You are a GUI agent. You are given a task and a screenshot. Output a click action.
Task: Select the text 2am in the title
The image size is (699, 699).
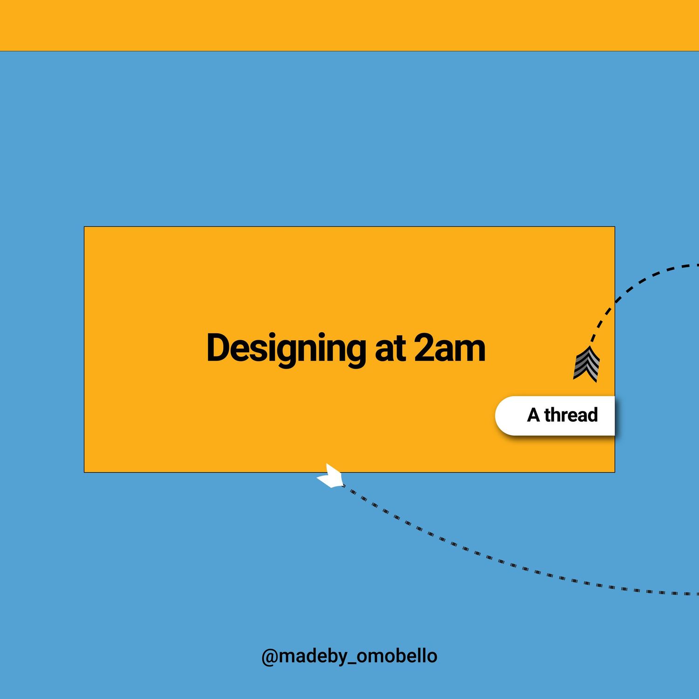coord(449,349)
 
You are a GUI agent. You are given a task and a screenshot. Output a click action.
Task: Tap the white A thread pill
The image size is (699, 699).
coord(555,416)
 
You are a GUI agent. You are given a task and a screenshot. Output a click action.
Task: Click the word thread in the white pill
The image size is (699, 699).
coord(571,415)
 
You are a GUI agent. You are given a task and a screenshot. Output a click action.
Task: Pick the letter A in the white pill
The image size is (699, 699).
coord(534,415)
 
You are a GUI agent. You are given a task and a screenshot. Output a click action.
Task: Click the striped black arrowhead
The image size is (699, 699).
coord(587,364)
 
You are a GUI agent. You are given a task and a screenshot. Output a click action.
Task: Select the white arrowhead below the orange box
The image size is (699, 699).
coord(330,476)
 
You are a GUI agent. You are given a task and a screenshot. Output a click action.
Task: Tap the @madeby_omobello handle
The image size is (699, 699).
coord(349,656)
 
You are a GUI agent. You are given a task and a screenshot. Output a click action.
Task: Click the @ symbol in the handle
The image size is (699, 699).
coord(270,657)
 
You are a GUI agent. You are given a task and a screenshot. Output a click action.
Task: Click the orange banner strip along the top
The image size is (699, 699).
coord(349,25)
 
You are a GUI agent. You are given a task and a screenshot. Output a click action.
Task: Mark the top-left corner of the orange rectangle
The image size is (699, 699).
coord(84,227)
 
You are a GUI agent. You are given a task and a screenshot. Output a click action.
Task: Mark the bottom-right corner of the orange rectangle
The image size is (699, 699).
coord(615,472)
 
